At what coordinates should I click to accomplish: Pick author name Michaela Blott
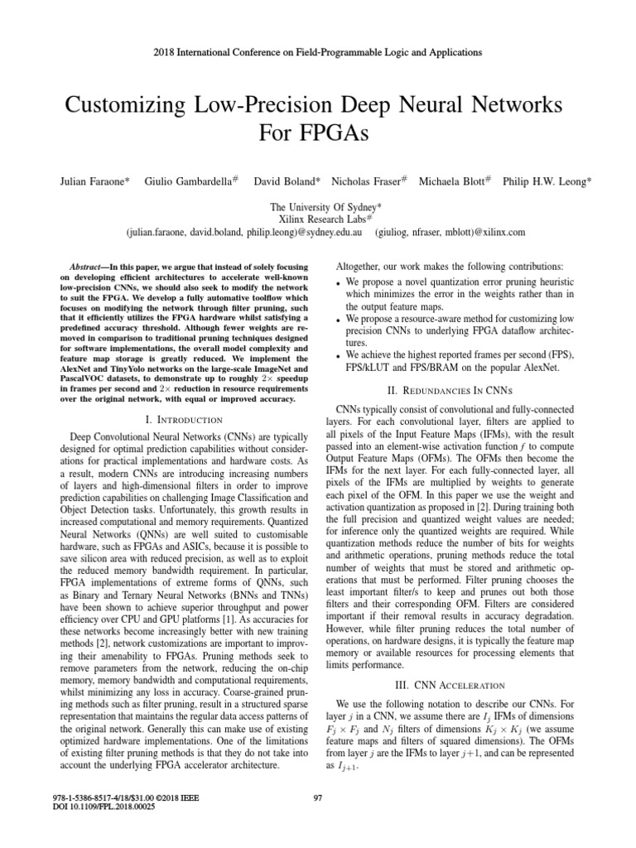(453, 181)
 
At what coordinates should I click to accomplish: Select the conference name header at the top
(318, 52)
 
